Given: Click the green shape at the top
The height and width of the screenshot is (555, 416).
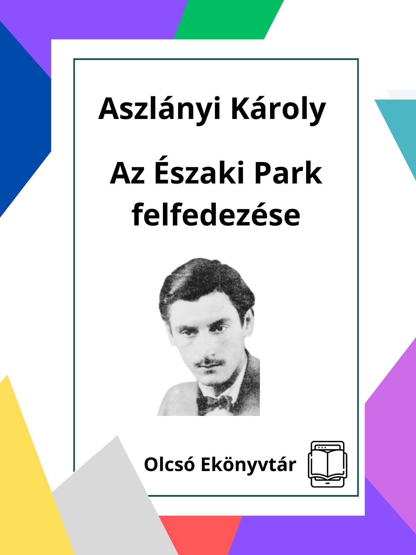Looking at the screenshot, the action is click(228, 19).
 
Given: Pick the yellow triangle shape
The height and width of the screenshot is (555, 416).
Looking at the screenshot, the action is click(30, 475).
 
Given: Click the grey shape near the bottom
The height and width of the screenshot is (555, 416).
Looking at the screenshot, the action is click(111, 503).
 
